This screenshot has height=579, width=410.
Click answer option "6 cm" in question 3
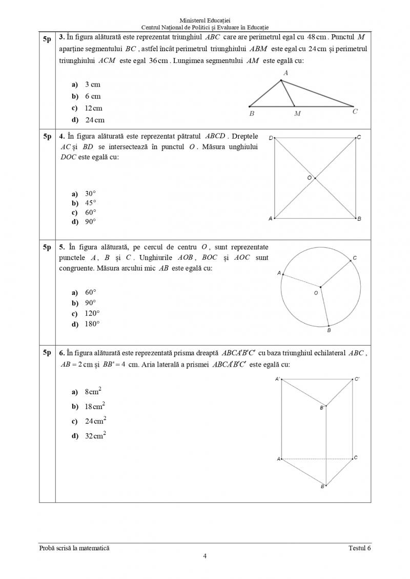coord(92,96)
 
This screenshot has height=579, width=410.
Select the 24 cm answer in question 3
coord(94,120)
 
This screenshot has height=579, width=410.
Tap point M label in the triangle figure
coord(297,114)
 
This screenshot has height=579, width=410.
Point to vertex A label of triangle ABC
coord(285,73)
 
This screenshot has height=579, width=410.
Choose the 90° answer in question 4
coord(90,222)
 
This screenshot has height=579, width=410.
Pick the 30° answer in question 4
coord(90,194)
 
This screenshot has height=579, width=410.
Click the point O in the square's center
coord(315,178)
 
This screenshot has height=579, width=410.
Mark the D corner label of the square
coord(271,137)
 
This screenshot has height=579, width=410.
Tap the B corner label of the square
coord(359,219)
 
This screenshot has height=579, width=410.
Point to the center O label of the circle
coord(316,293)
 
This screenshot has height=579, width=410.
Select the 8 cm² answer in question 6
coord(93,392)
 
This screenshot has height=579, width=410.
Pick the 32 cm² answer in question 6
coord(95,436)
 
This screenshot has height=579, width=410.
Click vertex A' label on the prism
coord(277,379)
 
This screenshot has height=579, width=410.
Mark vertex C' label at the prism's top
coord(357,379)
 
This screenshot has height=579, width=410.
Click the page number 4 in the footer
coord(205,556)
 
